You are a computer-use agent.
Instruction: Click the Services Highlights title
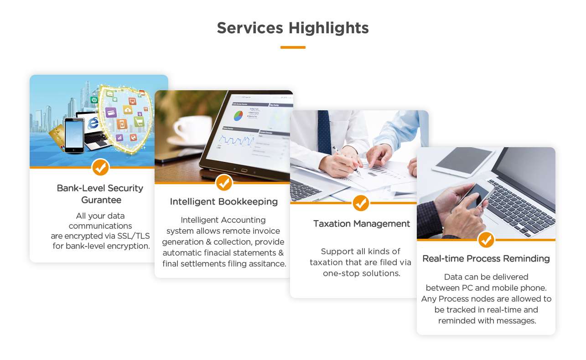click(x=293, y=28)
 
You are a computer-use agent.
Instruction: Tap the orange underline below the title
click(x=293, y=47)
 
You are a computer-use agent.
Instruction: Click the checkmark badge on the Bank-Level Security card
click(x=100, y=167)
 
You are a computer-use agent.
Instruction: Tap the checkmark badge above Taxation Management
click(x=361, y=203)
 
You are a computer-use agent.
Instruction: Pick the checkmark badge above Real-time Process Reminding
click(x=486, y=240)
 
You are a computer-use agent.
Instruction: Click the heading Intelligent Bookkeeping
click(x=223, y=201)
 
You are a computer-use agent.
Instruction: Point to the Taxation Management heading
click(x=362, y=224)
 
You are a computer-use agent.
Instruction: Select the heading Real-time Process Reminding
click(x=486, y=258)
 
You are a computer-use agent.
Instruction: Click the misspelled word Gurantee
click(x=101, y=200)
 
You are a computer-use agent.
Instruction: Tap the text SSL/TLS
click(x=134, y=236)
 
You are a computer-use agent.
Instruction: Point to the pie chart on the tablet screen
click(x=238, y=115)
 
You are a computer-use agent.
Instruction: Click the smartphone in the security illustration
click(x=74, y=135)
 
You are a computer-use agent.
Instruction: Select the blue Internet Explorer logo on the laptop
click(x=93, y=123)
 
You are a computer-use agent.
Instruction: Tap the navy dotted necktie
click(x=325, y=132)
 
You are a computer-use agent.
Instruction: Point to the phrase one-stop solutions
click(x=362, y=273)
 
